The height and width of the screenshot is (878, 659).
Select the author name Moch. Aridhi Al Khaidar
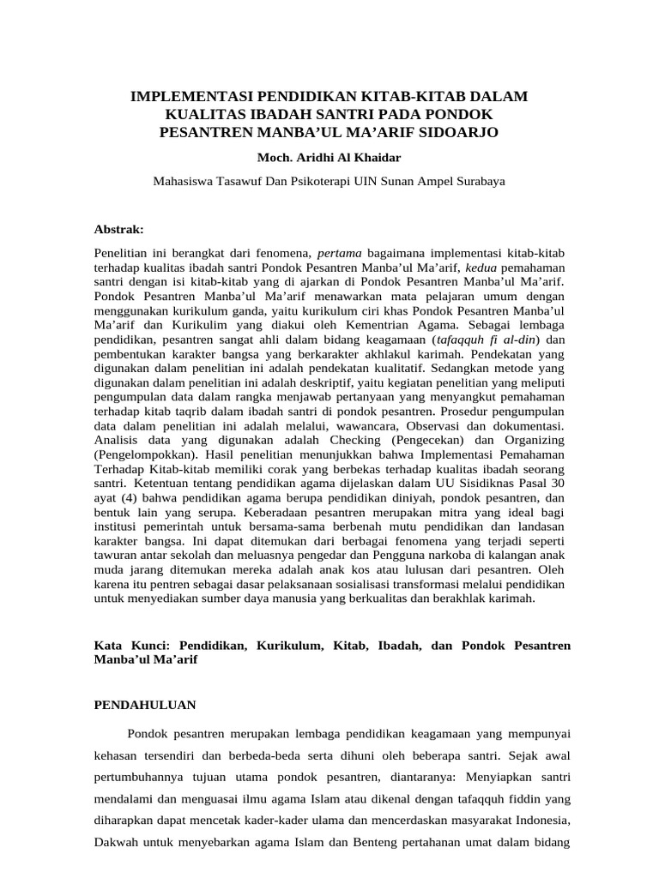tap(329, 159)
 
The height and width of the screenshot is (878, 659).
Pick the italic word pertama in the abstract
tap(340, 254)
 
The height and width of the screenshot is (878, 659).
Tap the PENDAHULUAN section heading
tap(145, 705)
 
